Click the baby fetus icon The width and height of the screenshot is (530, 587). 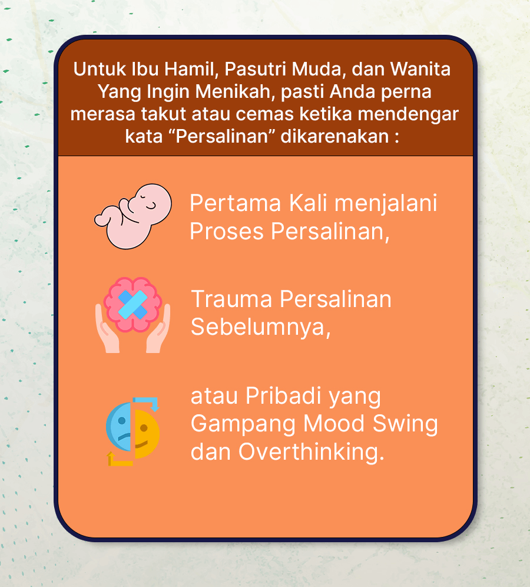tap(132, 216)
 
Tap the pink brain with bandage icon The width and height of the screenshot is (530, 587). tap(132, 315)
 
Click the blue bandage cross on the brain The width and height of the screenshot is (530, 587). tap(132, 304)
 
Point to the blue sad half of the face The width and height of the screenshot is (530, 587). tap(119, 427)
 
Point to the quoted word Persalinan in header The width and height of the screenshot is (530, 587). tap(222, 136)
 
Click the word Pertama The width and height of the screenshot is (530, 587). tap(236, 203)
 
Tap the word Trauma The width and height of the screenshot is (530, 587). tap(231, 299)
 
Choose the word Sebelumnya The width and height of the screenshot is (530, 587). tap(261, 327)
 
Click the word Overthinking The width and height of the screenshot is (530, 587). tap(311, 452)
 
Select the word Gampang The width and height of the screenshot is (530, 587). tap(243, 424)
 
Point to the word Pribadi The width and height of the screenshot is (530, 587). tap(283, 396)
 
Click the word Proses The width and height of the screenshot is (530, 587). tap(227, 231)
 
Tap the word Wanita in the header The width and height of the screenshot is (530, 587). tap(420, 69)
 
